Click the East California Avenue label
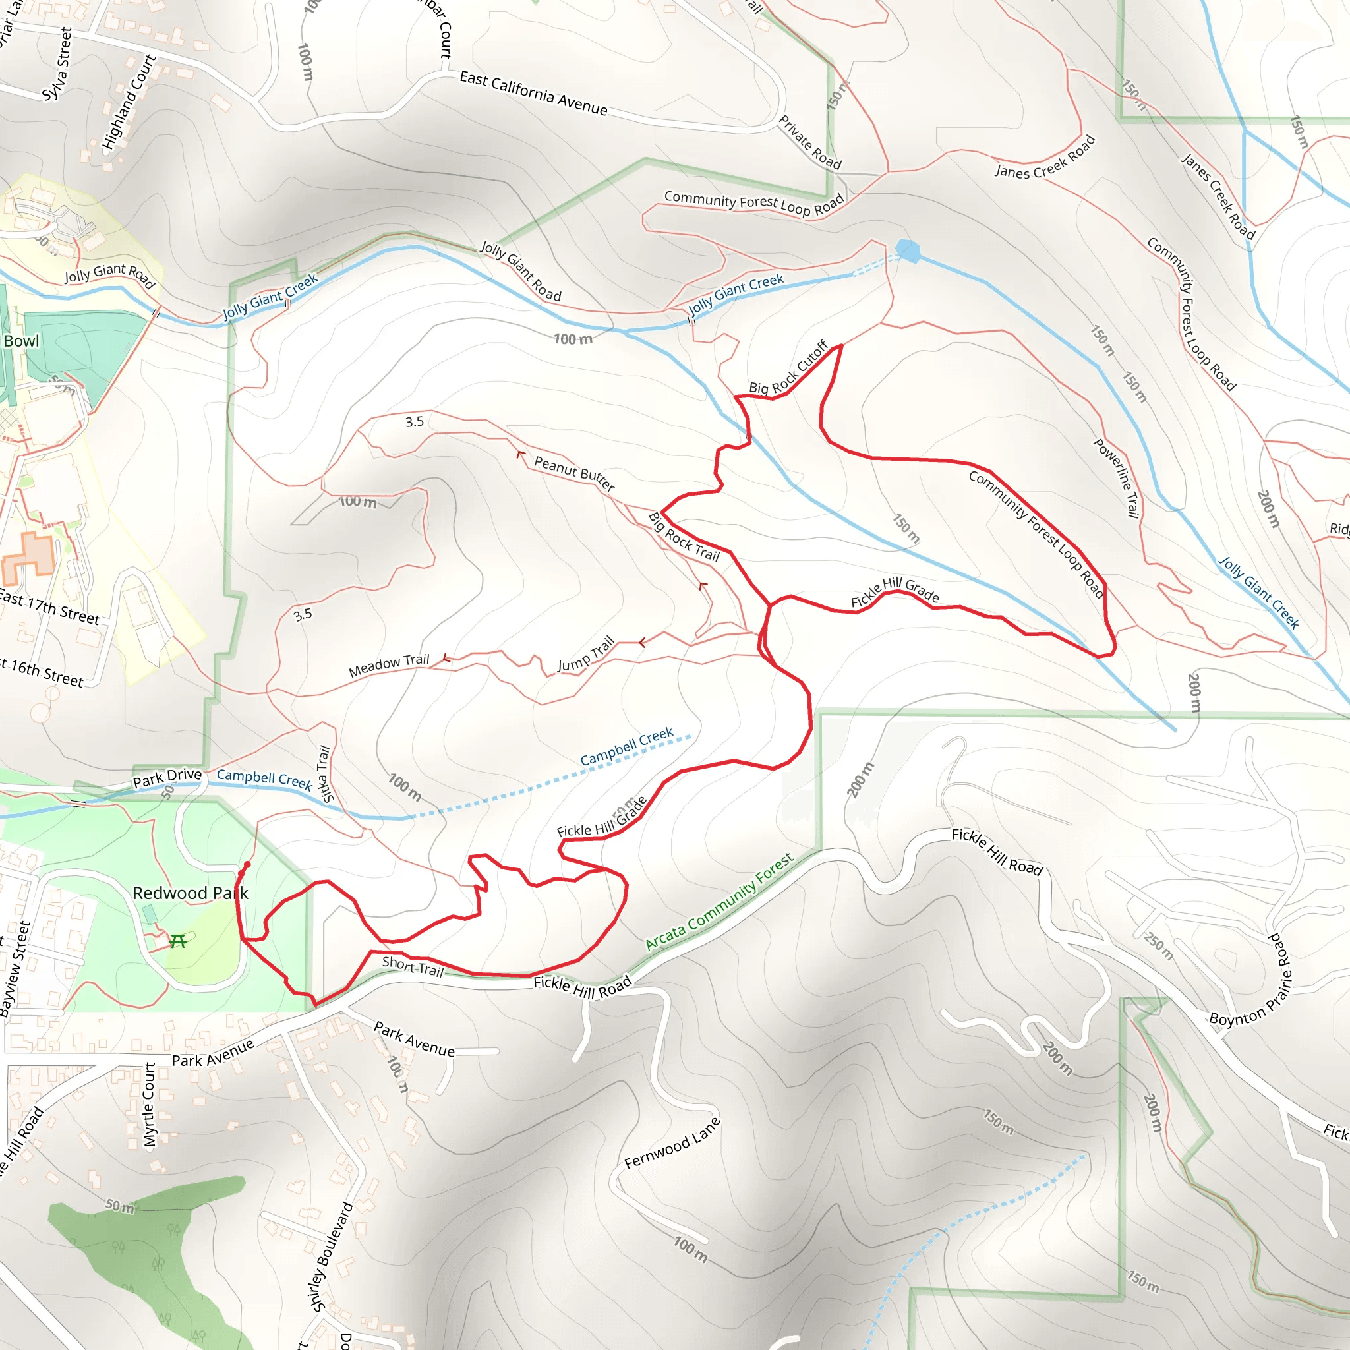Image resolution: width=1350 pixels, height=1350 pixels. tap(533, 93)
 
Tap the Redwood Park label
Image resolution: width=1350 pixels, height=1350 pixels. tap(190, 893)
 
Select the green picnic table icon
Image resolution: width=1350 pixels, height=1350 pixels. tap(178, 942)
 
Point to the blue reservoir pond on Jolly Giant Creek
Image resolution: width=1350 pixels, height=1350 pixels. tap(908, 250)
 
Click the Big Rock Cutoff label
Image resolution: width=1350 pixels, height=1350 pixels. tap(788, 368)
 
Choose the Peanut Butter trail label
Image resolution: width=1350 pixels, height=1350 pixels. tap(574, 473)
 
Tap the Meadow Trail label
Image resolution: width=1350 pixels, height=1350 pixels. tap(388, 665)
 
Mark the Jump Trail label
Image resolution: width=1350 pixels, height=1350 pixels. tap(585, 654)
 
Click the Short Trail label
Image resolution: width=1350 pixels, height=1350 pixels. tap(412, 966)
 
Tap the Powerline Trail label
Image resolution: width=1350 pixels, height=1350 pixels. tap(1117, 478)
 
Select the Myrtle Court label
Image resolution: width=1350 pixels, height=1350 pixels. tap(149, 1105)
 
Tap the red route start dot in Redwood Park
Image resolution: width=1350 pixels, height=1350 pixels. tap(247, 864)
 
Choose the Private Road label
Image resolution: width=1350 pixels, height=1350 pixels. tap(810, 142)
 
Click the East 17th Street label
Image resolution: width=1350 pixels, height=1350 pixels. tap(49, 606)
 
